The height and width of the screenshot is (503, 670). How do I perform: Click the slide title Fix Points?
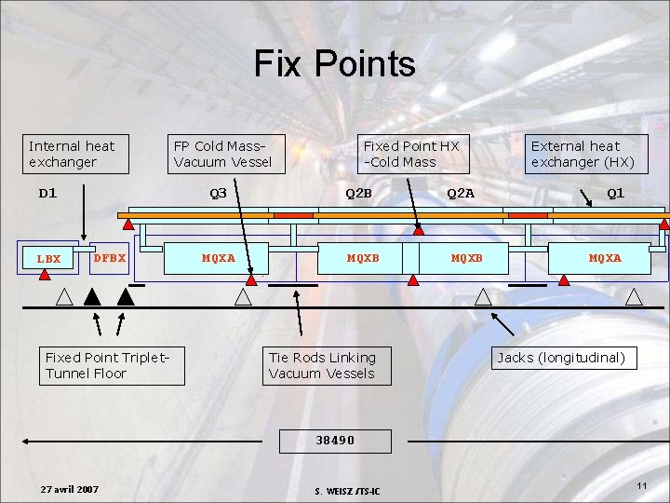pos(335,64)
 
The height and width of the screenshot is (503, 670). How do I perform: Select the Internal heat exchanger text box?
pos(76,154)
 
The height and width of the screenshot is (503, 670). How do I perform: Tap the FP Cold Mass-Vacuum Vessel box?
pos(223,154)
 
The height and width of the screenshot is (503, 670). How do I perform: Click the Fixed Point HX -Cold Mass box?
pos(412,154)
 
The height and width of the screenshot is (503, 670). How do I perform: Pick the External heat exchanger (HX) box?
pos(583,154)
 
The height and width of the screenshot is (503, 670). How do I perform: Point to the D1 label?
pos(47,194)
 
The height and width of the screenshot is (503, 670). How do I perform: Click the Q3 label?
pos(219,194)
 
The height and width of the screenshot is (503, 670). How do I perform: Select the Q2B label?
pos(358,194)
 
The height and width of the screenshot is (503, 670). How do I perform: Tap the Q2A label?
pos(460,194)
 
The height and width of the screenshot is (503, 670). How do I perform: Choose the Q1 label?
pos(615,194)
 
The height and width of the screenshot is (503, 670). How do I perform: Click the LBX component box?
pos(47,259)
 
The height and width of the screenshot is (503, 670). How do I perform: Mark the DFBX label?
pos(110,257)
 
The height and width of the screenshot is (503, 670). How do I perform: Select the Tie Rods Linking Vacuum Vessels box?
pos(324,365)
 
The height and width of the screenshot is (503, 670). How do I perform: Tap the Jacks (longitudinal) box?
pos(560,358)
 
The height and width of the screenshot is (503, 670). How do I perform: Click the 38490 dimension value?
pos(335,440)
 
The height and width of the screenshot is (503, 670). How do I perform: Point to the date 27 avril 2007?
pos(71,490)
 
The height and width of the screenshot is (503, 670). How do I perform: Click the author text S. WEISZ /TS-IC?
pos(354,492)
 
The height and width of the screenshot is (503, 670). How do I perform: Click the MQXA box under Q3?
pos(219,258)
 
